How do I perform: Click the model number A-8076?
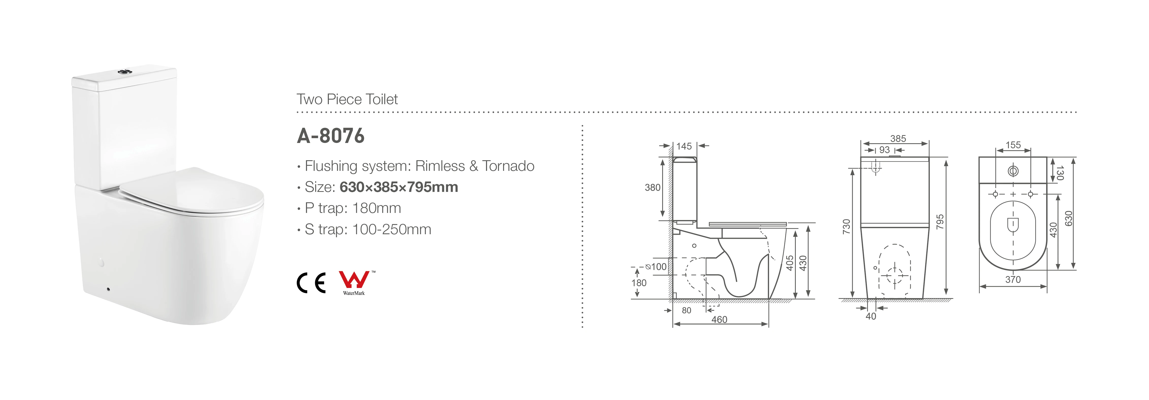coord(331,136)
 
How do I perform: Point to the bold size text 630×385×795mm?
coord(399,187)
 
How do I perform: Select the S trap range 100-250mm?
coord(392,229)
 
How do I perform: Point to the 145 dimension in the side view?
coord(684,146)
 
